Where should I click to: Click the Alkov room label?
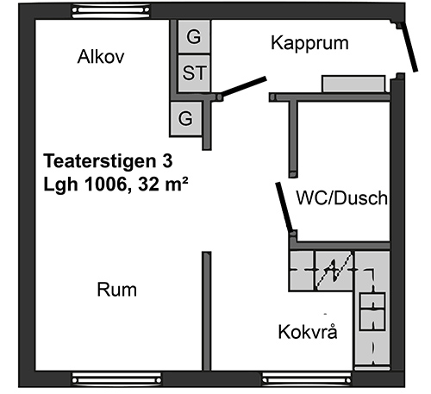coord(101,57)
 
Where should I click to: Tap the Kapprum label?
coord(309,43)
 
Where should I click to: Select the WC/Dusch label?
coord(342,197)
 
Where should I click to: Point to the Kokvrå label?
coord(308,332)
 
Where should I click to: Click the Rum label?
coord(116,290)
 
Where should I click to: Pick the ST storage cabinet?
coord(194,73)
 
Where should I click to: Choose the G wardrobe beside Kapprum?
coord(194,36)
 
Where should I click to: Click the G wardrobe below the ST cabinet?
coord(185,118)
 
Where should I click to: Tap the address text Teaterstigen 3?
coord(108,160)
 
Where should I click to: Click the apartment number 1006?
coord(106,184)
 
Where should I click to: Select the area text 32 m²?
coord(163,184)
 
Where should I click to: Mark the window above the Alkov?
coord(111,11)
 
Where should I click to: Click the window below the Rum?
coord(116,379)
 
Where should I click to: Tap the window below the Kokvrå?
coord(307,379)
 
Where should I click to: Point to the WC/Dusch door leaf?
coord(284,207)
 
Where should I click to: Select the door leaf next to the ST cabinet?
coord(244,86)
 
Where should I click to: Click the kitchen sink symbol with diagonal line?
coord(334,270)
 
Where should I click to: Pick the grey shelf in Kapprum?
coord(353,84)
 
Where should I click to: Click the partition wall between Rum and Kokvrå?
coord(207,311)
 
